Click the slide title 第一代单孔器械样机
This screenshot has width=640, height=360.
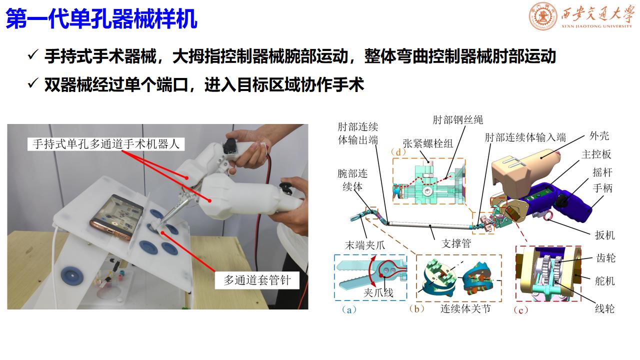[x=101, y=19]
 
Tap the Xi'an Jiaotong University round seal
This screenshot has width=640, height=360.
[x=542, y=15]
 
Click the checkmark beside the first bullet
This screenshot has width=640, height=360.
[x=33, y=54]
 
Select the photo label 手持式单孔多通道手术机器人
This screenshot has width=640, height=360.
[x=106, y=144]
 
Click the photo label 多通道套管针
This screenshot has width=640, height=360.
[x=257, y=280]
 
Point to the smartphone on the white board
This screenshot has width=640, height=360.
[x=116, y=216]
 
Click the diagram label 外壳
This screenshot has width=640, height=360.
[x=599, y=135]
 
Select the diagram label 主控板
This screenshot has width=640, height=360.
[x=596, y=154]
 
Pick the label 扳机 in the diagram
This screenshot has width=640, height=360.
[x=604, y=235]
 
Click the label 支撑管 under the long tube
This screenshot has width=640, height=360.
[x=456, y=243]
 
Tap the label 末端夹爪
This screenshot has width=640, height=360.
[x=365, y=245]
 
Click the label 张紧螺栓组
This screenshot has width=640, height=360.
[x=427, y=143]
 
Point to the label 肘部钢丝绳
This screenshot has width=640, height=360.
[x=457, y=120]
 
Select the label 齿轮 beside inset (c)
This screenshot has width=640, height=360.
[x=605, y=258]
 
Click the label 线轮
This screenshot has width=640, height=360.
[x=604, y=309]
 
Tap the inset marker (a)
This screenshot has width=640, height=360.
[x=349, y=309]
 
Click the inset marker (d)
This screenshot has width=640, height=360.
[x=398, y=152]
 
